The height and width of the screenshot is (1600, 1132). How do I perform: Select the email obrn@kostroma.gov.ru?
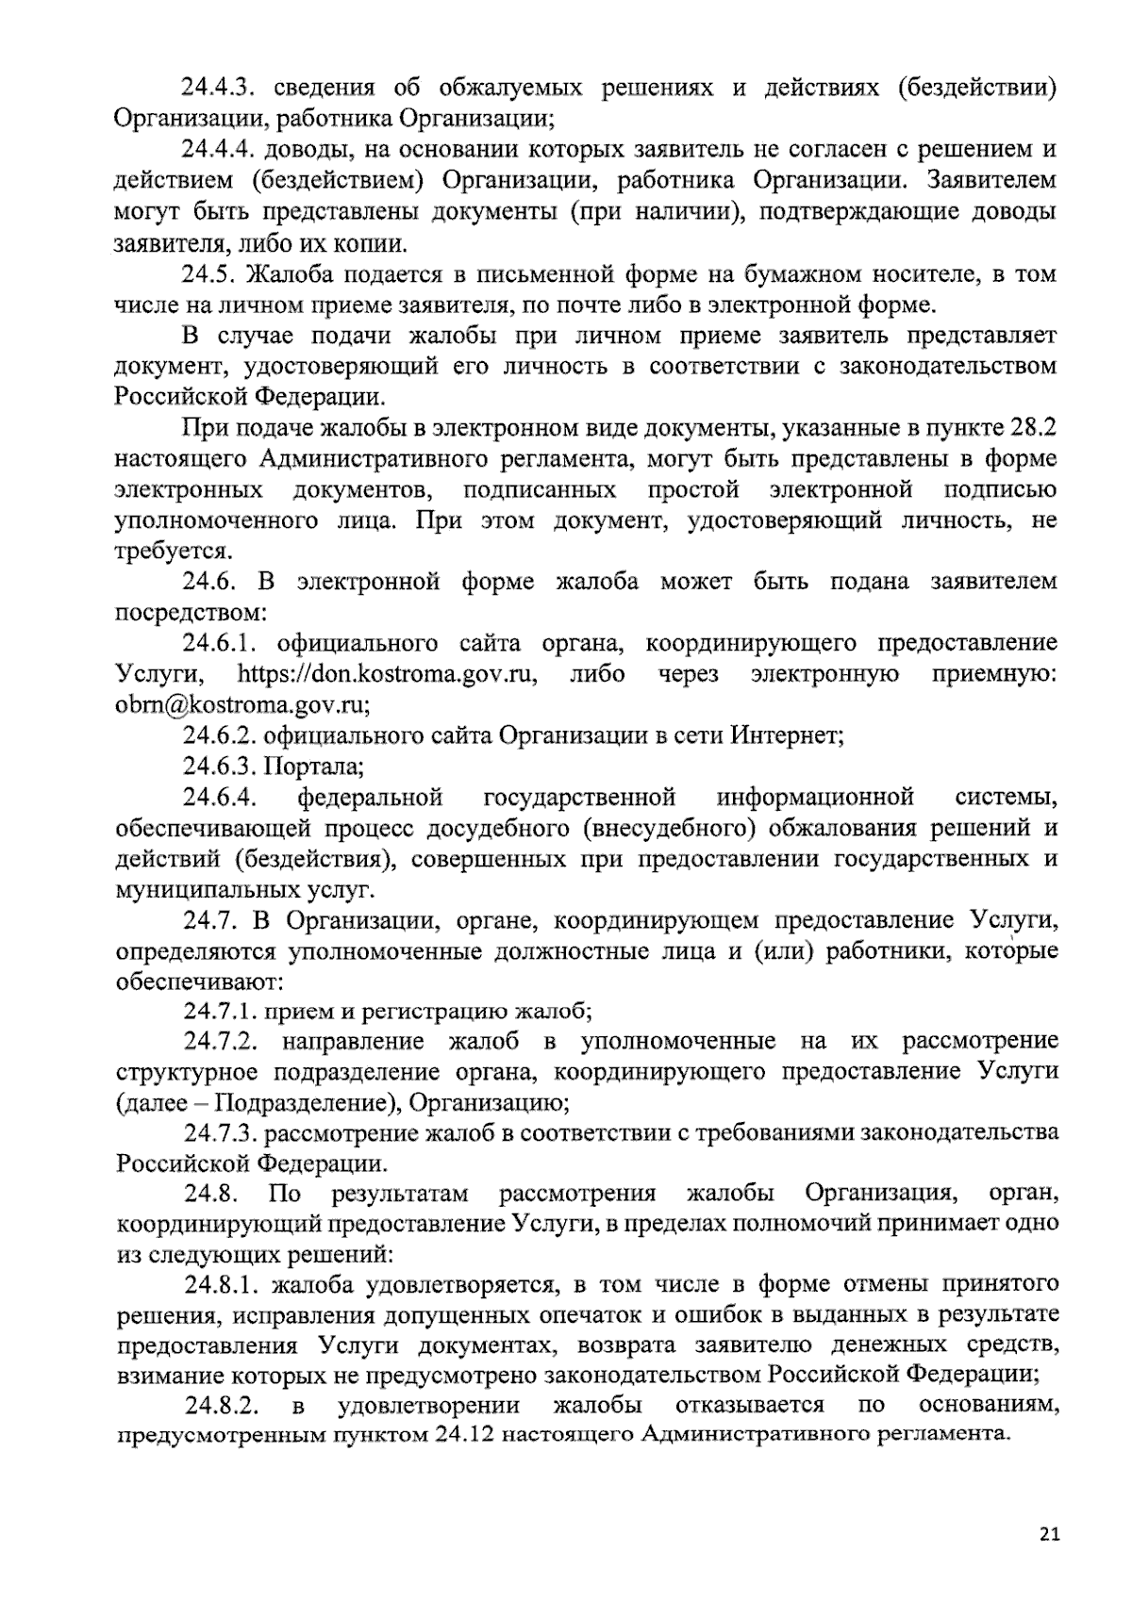[240, 706]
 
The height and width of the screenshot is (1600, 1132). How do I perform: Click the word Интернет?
[785, 736]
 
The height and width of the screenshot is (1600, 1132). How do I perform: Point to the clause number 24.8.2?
[222, 1405]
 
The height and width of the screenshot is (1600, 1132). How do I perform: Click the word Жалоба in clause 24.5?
[305, 275]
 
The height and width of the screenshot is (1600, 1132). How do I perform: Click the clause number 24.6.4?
[222, 798]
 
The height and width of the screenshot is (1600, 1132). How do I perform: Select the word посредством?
[189, 613]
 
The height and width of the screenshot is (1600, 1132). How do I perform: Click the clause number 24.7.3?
[222, 1131]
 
